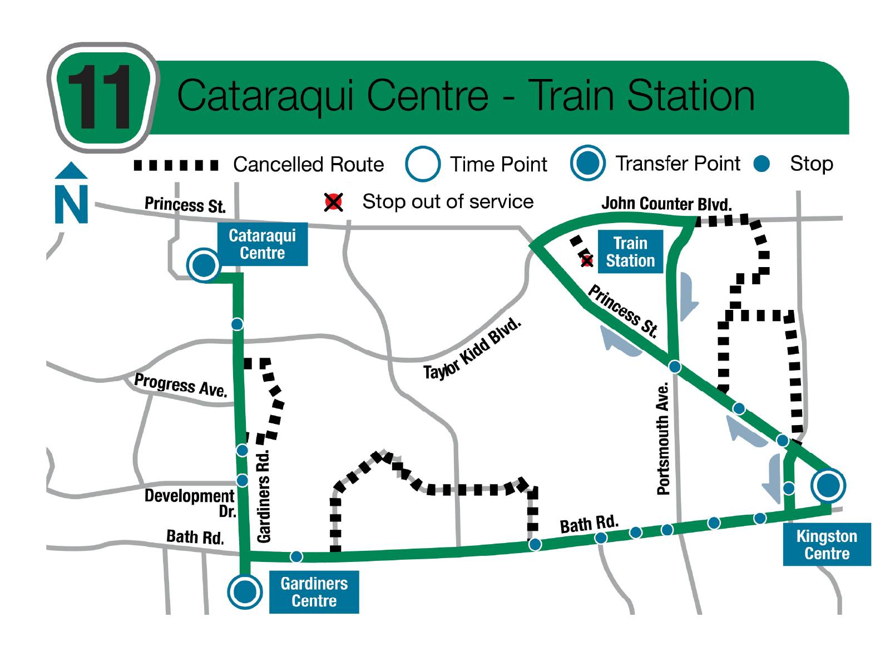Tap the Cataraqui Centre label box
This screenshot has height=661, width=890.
262,245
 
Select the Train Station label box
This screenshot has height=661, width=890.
630,251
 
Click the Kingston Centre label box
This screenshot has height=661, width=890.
827,544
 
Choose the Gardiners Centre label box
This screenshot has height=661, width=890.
314,592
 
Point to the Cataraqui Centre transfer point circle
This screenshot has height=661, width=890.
204,265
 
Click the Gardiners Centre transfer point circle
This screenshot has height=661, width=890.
245,591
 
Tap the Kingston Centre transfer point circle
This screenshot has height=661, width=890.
828,485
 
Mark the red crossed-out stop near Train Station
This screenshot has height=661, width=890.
586,260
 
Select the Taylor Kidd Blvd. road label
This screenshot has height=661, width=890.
473,349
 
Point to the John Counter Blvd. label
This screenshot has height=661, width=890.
666,204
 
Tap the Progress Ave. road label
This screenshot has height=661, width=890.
181,384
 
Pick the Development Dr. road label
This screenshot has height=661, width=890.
190,501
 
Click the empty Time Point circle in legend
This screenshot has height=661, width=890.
423,164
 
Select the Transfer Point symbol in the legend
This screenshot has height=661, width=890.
587,163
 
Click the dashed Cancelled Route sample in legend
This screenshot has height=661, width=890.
176,165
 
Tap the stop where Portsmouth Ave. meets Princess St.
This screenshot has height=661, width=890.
675,366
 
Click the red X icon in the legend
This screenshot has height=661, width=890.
334,202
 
